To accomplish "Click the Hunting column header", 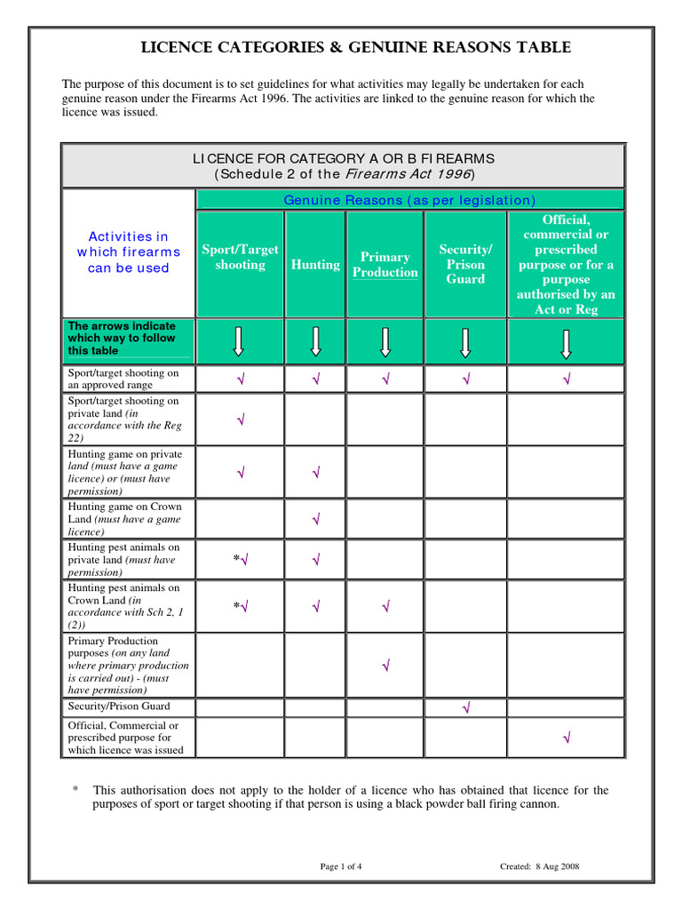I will coord(315,264).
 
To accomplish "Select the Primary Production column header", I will coord(385,264).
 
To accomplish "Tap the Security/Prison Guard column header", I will coord(465,264).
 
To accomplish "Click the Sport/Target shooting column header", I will coord(240,257).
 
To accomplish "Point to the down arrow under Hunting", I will coord(315,342).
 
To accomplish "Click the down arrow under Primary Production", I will coord(385,342).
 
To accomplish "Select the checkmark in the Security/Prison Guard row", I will coord(465,707).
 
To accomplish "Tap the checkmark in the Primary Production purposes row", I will coord(385,665).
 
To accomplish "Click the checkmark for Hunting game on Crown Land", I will coord(315,518).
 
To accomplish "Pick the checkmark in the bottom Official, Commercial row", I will coord(566,737).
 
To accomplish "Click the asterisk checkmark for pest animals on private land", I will coord(241,560).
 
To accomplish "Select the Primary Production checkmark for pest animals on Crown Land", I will coord(385,606).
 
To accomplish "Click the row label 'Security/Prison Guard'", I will coord(119,706).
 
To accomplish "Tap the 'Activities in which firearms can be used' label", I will coord(128,252).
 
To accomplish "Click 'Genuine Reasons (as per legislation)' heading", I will coord(409,200).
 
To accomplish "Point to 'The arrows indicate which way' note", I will coord(122,338).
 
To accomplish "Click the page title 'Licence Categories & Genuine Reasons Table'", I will coord(356,48).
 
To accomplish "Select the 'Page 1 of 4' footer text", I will coord(341,866).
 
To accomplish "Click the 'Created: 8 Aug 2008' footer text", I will coord(540,866).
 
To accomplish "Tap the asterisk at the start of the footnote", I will coord(75,790).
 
